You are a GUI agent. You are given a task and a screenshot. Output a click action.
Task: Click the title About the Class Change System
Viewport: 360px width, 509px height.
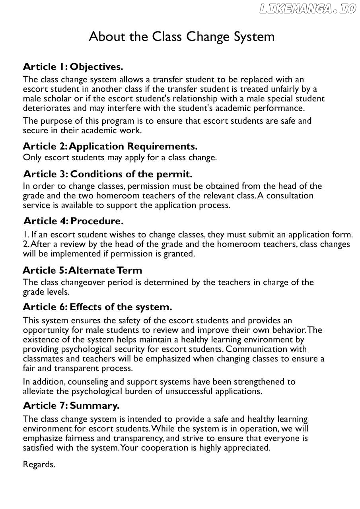click(181, 37)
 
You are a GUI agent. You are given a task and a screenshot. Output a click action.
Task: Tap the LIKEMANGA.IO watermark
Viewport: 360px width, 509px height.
click(307, 9)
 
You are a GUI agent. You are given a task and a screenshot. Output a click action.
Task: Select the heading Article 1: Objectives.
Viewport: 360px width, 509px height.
click(73, 66)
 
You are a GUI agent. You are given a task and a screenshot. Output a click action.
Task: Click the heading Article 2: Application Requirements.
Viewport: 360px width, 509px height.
click(110, 146)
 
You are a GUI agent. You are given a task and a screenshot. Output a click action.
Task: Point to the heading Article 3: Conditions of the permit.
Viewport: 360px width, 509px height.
click(108, 174)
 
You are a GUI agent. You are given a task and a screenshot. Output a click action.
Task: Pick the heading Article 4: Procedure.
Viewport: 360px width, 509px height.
click(74, 221)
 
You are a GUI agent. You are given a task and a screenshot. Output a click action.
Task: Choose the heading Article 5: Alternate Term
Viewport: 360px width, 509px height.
click(82, 270)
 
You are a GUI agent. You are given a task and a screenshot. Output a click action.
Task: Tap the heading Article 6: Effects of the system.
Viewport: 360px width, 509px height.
click(97, 307)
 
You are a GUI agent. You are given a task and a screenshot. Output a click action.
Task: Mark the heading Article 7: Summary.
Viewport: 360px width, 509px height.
click(71, 406)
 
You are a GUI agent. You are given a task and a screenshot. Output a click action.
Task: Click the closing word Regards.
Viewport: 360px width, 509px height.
click(39, 464)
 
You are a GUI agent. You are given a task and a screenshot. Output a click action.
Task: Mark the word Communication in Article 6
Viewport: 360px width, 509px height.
click(259, 349)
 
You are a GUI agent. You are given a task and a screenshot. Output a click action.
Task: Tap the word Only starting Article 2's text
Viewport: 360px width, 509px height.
click(31, 157)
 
